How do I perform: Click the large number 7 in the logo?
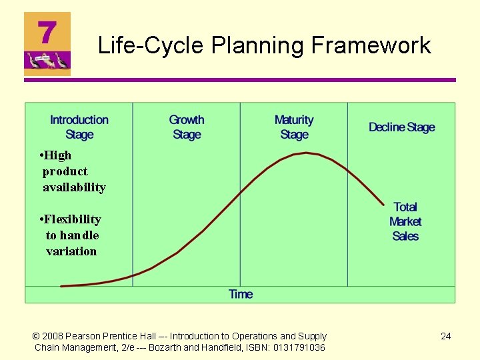click(x=46, y=32)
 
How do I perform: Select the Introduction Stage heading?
click(x=79, y=127)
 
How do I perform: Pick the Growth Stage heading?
click(x=187, y=127)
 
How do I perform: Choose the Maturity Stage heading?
click(x=294, y=127)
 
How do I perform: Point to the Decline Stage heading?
click(x=401, y=127)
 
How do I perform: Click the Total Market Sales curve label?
click(x=405, y=221)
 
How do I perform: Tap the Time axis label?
click(x=241, y=294)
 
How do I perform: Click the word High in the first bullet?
click(x=58, y=155)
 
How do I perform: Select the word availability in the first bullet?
click(x=74, y=187)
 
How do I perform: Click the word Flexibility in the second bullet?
click(x=73, y=219)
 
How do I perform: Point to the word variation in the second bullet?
click(x=71, y=251)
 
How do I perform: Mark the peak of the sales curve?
click(x=305, y=153)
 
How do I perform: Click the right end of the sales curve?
click(x=384, y=204)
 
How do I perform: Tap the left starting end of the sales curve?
click(x=61, y=286)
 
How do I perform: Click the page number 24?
click(x=446, y=336)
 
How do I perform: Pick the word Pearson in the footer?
click(x=86, y=336)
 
